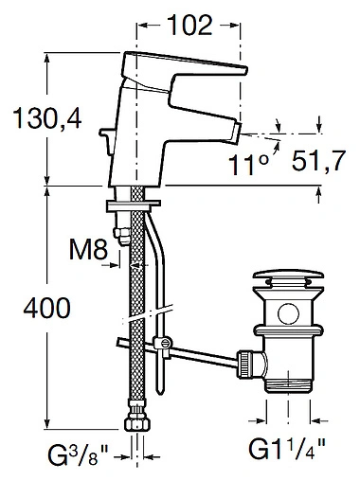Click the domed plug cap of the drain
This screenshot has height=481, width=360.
[x=286, y=279]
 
